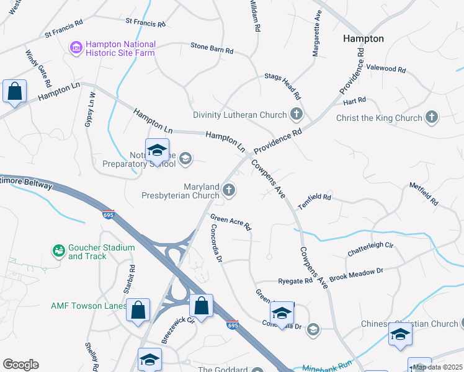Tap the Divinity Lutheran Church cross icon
pos(297,114)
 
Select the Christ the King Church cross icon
pos(431,117)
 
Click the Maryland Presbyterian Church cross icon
pos(230,190)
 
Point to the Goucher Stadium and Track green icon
pos(59,251)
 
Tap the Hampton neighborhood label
pos(364,38)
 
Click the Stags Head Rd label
pos(282,86)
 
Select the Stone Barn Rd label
pos(212,48)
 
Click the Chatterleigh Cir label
pos(370,249)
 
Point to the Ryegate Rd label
pos(295,281)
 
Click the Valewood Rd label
pos(386,69)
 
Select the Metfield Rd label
pos(424,194)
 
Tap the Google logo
pos(20,365)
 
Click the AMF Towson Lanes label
pos(88,306)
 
